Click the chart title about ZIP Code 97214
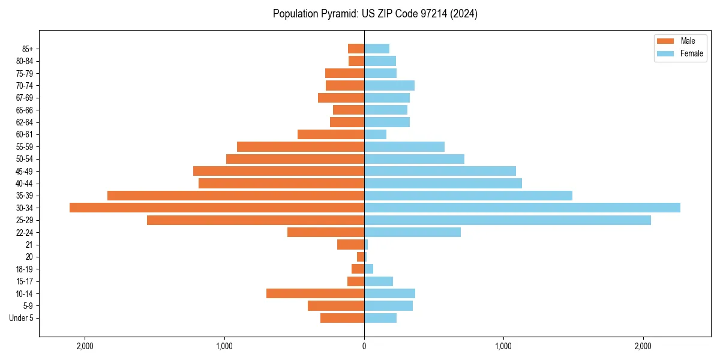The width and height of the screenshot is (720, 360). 375,14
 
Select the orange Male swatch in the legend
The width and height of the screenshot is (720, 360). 666,41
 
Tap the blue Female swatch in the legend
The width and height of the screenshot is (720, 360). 666,53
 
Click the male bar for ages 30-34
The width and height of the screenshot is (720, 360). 217,208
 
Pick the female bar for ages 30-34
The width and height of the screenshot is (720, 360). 522,208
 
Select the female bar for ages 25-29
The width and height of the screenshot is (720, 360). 508,220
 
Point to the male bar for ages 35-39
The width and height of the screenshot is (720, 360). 236,196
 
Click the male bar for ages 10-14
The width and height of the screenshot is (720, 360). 315,293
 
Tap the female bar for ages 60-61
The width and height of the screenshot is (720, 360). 376,134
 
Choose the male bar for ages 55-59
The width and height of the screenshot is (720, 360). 301,146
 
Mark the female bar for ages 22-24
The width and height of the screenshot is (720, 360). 412,232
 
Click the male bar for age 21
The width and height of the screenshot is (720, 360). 350,245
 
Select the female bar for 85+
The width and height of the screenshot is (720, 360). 377,49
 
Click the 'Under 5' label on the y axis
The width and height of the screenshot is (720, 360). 22,318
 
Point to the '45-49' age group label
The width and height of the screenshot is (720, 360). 24,171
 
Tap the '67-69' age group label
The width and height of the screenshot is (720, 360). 24,98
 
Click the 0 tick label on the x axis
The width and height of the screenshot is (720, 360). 364,346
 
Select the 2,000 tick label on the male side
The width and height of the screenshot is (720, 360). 85,346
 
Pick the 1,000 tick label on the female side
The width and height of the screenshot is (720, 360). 503,346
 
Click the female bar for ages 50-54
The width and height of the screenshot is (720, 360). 414,159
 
